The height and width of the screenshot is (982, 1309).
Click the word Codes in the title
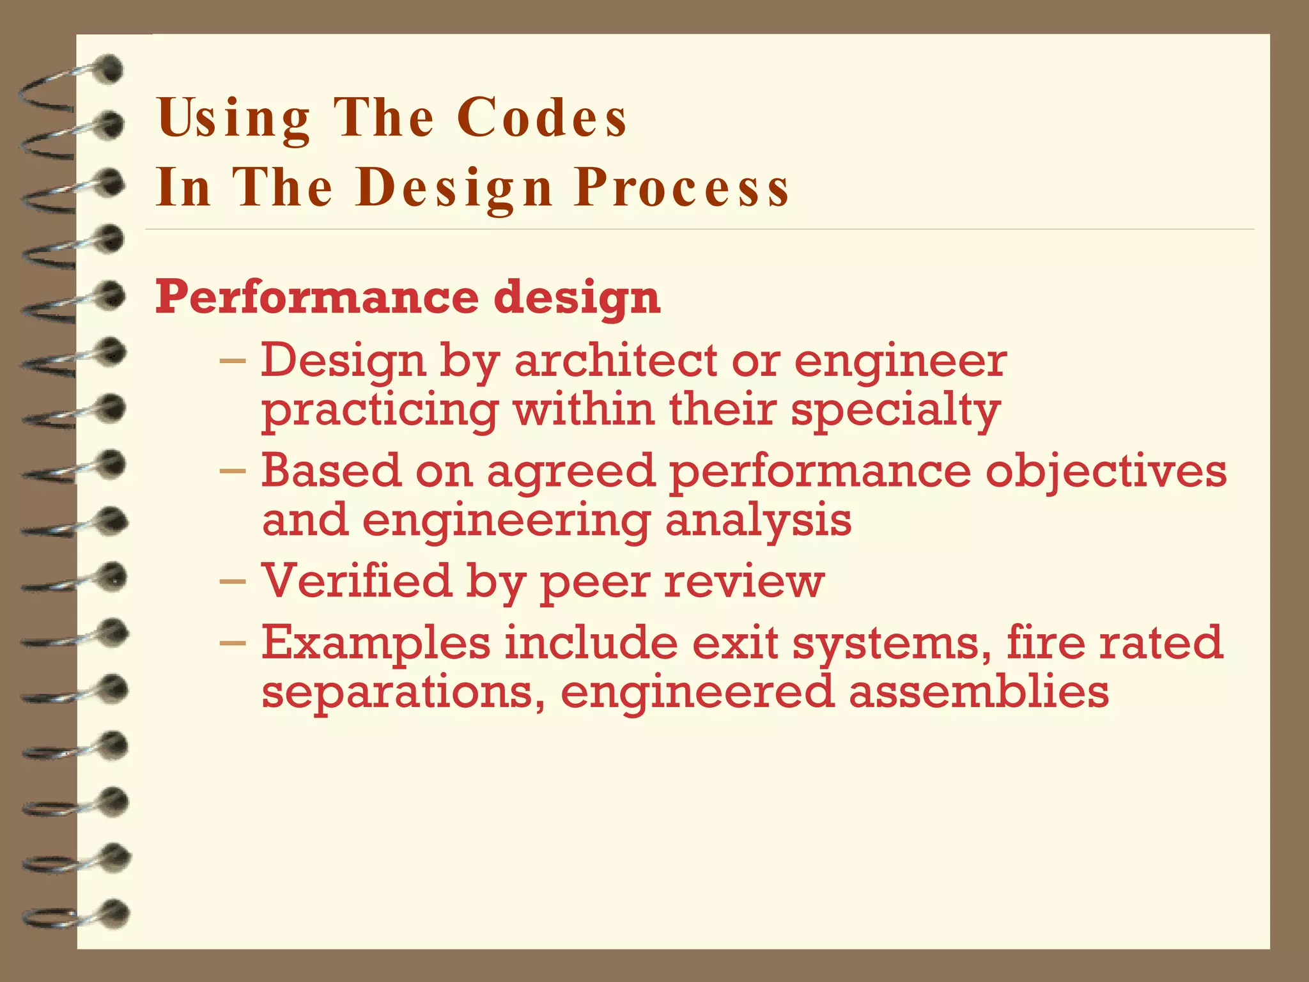pyautogui.click(x=542, y=118)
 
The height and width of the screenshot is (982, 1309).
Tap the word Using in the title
pyautogui.click(x=234, y=119)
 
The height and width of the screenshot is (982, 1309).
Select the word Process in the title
pyautogui.click(x=682, y=188)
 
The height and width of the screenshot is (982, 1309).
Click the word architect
pyautogui.click(x=616, y=361)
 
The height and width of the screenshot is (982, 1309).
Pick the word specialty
pyautogui.click(x=895, y=410)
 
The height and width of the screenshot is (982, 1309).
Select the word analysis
pyautogui.click(x=758, y=520)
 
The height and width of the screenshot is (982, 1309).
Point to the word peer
pyautogui.click(x=595, y=581)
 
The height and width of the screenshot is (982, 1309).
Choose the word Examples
pyautogui.click(x=376, y=643)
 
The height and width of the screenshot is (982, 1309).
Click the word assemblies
pyautogui.click(x=979, y=692)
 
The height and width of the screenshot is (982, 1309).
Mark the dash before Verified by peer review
pyautogui.click(x=232, y=582)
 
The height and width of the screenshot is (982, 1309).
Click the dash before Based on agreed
pyautogui.click(x=232, y=472)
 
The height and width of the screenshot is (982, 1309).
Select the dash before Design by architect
pyautogui.click(x=232, y=361)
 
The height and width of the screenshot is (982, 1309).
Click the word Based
pyautogui.click(x=331, y=471)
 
